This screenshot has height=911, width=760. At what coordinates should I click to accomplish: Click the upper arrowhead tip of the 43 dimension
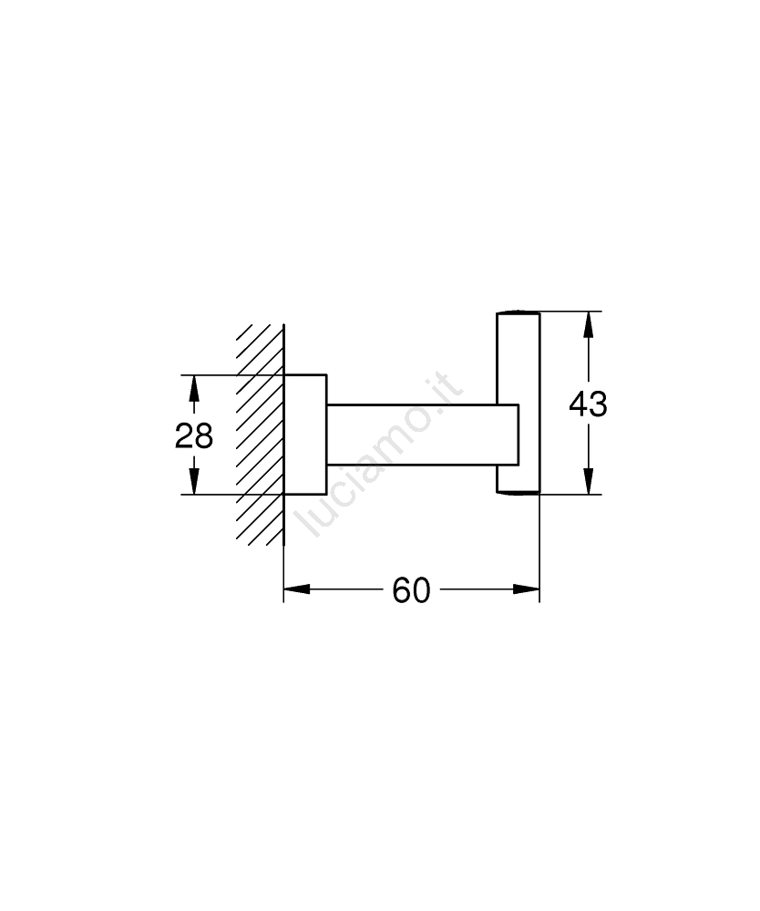click(x=589, y=312)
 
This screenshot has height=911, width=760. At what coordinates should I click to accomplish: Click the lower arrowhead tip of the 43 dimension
click(x=589, y=494)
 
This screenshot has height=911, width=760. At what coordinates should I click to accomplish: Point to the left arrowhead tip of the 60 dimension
click(x=284, y=589)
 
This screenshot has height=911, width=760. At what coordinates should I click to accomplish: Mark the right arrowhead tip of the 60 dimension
click(x=539, y=589)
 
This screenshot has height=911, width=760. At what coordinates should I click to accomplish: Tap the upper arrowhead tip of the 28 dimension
click(x=194, y=375)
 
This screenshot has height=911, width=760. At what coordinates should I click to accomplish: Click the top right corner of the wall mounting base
click(x=326, y=375)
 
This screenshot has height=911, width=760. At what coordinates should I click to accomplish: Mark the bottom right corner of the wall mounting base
click(x=326, y=494)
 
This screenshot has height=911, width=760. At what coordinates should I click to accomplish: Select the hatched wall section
click(x=261, y=435)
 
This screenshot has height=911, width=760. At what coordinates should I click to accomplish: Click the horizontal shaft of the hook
click(x=423, y=435)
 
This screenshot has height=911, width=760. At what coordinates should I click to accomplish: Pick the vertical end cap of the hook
click(x=519, y=404)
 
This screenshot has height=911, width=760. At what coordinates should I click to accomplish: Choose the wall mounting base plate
click(x=305, y=435)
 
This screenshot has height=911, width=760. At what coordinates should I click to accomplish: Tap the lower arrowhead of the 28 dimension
click(x=194, y=481)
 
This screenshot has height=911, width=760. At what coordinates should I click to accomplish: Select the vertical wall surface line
click(x=284, y=435)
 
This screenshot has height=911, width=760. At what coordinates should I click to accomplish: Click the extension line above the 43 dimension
click(x=571, y=312)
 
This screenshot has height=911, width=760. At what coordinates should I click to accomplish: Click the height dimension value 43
click(x=588, y=404)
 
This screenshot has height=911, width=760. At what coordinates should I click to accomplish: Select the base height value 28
click(x=194, y=435)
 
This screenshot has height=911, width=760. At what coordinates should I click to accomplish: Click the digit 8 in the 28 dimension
click(x=204, y=435)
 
